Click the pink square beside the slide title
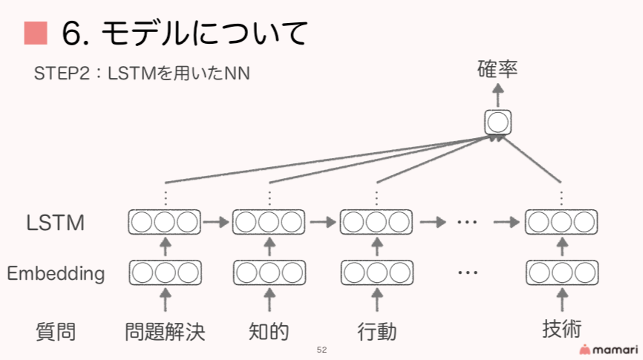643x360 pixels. tap(36, 33)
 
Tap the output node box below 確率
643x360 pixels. tap(497, 122)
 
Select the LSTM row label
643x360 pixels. tap(55, 222)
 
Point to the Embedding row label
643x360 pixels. tap(56, 273)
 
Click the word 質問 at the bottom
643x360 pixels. tap(56, 331)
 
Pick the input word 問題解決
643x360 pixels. tap(165, 331)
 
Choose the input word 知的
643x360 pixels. tap(269, 331)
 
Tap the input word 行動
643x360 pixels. tap(376, 331)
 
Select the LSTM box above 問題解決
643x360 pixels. tap(165, 221)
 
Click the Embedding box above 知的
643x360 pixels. tap(269, 272)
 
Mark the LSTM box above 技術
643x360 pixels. tap(561, 221)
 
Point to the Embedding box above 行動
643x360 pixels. tap(376, 272)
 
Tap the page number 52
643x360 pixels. tap(321, 350)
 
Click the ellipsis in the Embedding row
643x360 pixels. tap(467, 272)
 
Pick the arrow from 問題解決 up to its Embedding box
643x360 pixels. tap(165, 301)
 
